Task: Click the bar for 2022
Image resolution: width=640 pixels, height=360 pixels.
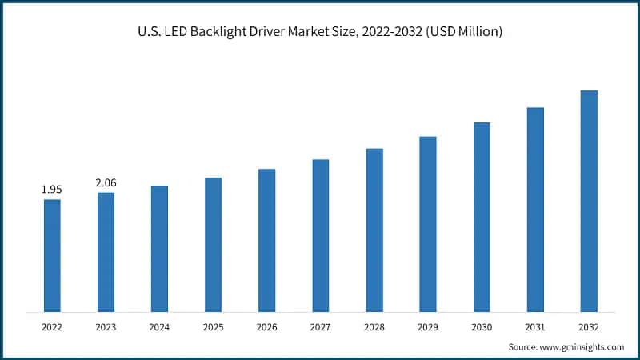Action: pyautogui.click(x=52, y=255)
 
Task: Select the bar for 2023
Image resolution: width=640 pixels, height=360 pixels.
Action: pyautogui.click(x=106, y=252)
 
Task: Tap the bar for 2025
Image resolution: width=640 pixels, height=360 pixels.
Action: pyautogui.click(x=213, y=244)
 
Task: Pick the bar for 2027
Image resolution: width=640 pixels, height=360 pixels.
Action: pyautogui.click(x=320, y=235)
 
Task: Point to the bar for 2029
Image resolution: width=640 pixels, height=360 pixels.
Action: pyautogui.click(x=428, y=224)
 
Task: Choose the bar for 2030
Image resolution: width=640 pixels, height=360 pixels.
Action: pyautogui.click(x=482, y=217)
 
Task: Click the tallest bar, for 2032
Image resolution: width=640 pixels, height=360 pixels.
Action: pyautogui.click(x=589, y=201)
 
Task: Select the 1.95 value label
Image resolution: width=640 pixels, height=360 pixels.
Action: pyautogui.click(x=52, y=190)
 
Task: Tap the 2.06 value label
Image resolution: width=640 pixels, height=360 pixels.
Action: pyautogui.click(x=106, y=182)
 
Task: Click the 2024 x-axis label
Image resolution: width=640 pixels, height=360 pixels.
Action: pyautogui.click(x=159, y=327)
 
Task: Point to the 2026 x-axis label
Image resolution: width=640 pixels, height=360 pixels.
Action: pyautogui.click(x=266, y=327)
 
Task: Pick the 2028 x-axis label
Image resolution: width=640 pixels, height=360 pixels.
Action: pyautogui.click(x=374, y=327)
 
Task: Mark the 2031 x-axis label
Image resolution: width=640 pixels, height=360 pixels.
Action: pyautogui.click(x=535, y=327)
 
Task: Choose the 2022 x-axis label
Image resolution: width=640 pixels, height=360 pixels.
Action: pyautogui.click(x=52, y=327)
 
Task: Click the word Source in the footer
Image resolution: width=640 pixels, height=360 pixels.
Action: pyautogui.click(x=522, y=346)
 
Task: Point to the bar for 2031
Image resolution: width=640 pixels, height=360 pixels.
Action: pyautogui.click(x=535, y=209)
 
